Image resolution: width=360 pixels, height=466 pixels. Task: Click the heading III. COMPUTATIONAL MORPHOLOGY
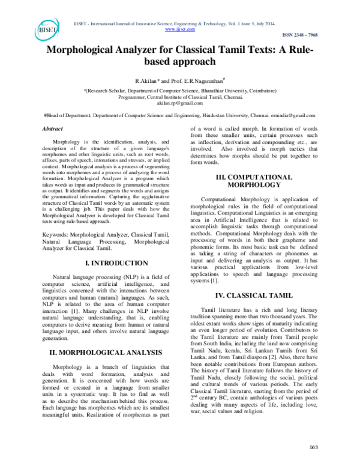(253, 181)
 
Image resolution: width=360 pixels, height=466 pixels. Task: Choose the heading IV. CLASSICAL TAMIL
(253, 295)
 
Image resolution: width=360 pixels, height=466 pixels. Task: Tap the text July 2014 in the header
(261, 22)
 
